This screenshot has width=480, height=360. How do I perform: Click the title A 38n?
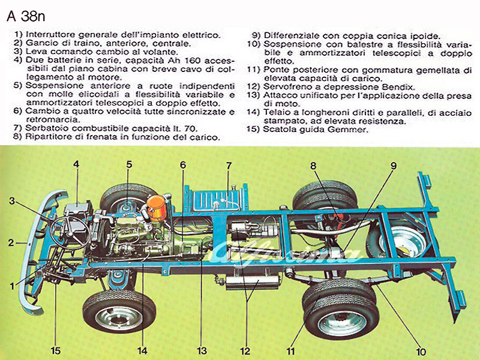(x=26, y=16)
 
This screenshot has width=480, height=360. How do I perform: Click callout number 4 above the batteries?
(x=76, y=164)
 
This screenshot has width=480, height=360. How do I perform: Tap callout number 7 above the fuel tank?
(x=229, y=166)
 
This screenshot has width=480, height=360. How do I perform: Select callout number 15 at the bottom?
(x=56, y=350)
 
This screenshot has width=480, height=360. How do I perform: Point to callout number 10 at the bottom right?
(x=421, y=352)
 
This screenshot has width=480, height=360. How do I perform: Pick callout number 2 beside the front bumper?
(x=11, y=243)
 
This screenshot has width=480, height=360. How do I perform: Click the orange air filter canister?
(x=157, y=208)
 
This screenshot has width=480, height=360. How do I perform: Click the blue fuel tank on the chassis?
(x=217, y=200)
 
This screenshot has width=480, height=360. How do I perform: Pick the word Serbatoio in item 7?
(x=49, y=128)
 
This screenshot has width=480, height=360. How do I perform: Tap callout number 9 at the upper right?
(x=394, y=166)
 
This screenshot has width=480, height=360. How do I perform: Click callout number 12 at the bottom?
(x=245, y=351)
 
